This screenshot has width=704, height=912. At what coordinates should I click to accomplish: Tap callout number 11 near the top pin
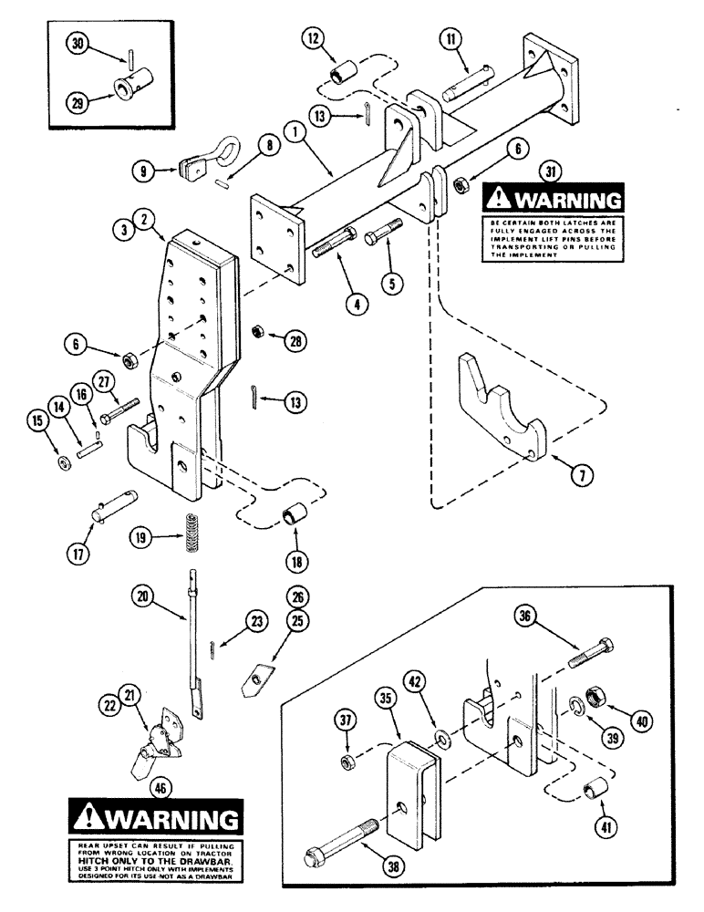(449, 39)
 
